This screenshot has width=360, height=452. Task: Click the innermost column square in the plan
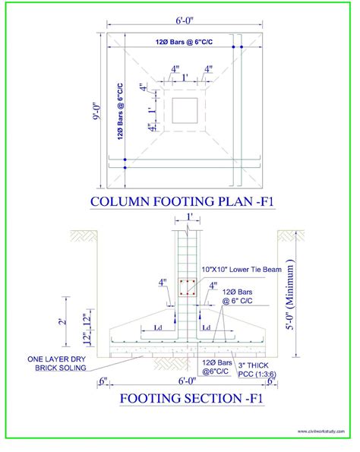pos(184,110)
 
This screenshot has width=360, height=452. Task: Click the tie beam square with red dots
pos(186,288)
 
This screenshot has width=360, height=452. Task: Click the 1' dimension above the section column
pos(187,218)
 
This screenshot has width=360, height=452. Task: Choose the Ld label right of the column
pos(206,328)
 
